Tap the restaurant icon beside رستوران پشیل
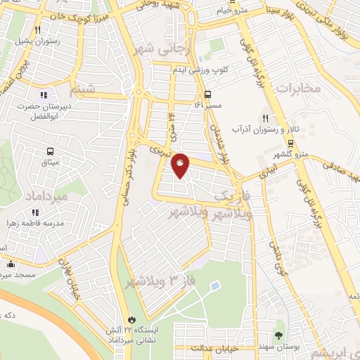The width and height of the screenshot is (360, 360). (x=37, y=30)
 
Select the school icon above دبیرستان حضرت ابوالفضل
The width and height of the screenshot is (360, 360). (x=44, y=95)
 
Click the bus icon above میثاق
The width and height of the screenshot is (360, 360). (x=50, y=151)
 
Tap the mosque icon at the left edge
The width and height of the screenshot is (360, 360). (x=11, y=265)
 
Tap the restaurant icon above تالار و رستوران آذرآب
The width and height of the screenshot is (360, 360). (x=266, y=118)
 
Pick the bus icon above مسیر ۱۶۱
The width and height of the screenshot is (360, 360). (x=207, y=94)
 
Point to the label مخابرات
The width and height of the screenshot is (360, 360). (x=297, y=89)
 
